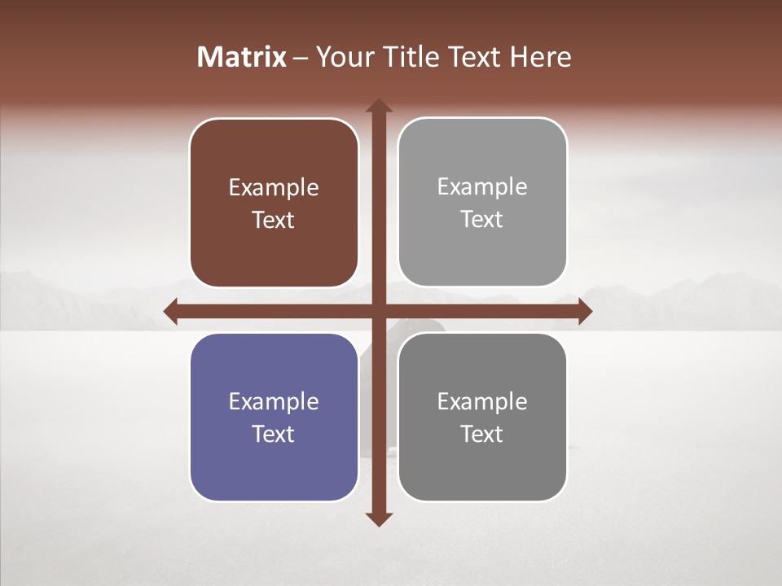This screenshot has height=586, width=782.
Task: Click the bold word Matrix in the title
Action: (x=242, y=57)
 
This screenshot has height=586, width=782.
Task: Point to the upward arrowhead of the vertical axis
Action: (x=379, y=106)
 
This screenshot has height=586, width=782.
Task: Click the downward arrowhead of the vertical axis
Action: (x=379, y=518)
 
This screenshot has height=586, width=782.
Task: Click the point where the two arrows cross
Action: (x=379, y=311)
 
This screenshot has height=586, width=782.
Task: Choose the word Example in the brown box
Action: (x=274, y=188)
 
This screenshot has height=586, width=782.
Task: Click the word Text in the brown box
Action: (x=274, y=220)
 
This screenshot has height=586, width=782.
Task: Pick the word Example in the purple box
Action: (x=274, y=402)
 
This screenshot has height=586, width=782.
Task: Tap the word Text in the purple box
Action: (x=274, y=434)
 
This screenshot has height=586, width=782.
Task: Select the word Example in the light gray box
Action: (x=482, y=187)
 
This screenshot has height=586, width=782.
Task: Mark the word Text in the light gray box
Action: (x=482, y=219)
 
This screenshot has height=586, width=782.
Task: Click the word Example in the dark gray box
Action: (x=482, y=402)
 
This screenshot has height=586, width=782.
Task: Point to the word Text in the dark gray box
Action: (x=482, y=434)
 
